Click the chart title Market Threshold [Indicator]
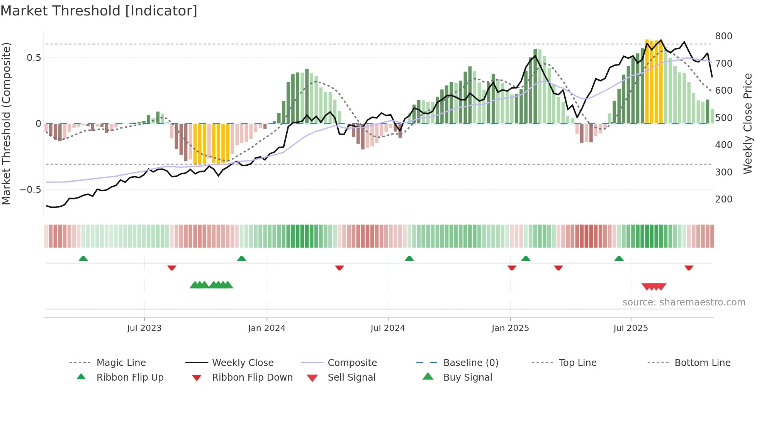tap(99, 11)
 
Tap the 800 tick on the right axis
tap(723, 36)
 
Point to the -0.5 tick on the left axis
tap(31, 190)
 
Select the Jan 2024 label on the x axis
tap(266, 328)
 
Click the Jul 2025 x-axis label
tap(630, 328)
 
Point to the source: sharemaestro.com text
tap(684, 302)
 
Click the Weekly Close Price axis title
tap(748, 123)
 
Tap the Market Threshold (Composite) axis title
tap(6, 123)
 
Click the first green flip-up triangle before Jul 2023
tap(83, 258)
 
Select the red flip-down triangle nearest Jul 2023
tap(172, 268)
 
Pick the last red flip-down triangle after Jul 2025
tap(689, 268)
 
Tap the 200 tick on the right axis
tap(723, 199)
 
